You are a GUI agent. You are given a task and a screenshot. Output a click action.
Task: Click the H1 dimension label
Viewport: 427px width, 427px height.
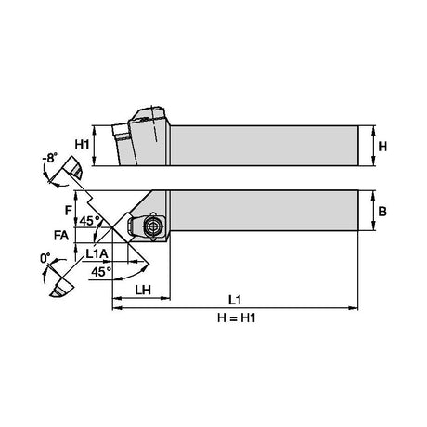pyautogui.click(x=82, y=145)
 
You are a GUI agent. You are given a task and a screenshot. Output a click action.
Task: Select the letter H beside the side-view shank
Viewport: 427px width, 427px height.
pyautogui.click(x=382, y=147)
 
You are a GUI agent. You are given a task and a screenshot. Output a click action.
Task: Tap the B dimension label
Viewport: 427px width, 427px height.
pyautogui.click(x=382, y=212)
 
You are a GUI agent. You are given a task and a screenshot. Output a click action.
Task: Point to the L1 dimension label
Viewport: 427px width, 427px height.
pyautogui.click(x=235, y=300)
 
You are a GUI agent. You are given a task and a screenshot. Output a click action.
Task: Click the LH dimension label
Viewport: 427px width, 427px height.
pyautogui.click(x=143, y=290)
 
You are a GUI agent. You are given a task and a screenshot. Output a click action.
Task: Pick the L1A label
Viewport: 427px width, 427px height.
pyautogui.click(x=97, y=254)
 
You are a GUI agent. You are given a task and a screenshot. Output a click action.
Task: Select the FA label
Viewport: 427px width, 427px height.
pyautogui.click(x=61, y=236)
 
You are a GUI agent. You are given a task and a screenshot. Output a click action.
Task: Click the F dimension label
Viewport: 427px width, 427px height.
pyautogui.click(x=69, y=211)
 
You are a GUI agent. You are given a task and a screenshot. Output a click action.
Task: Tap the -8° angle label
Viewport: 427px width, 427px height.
pyautogui.click(x=50, y=158)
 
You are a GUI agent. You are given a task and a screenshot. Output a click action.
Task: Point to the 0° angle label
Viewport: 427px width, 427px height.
pyautogui.click(x=45, y=258)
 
